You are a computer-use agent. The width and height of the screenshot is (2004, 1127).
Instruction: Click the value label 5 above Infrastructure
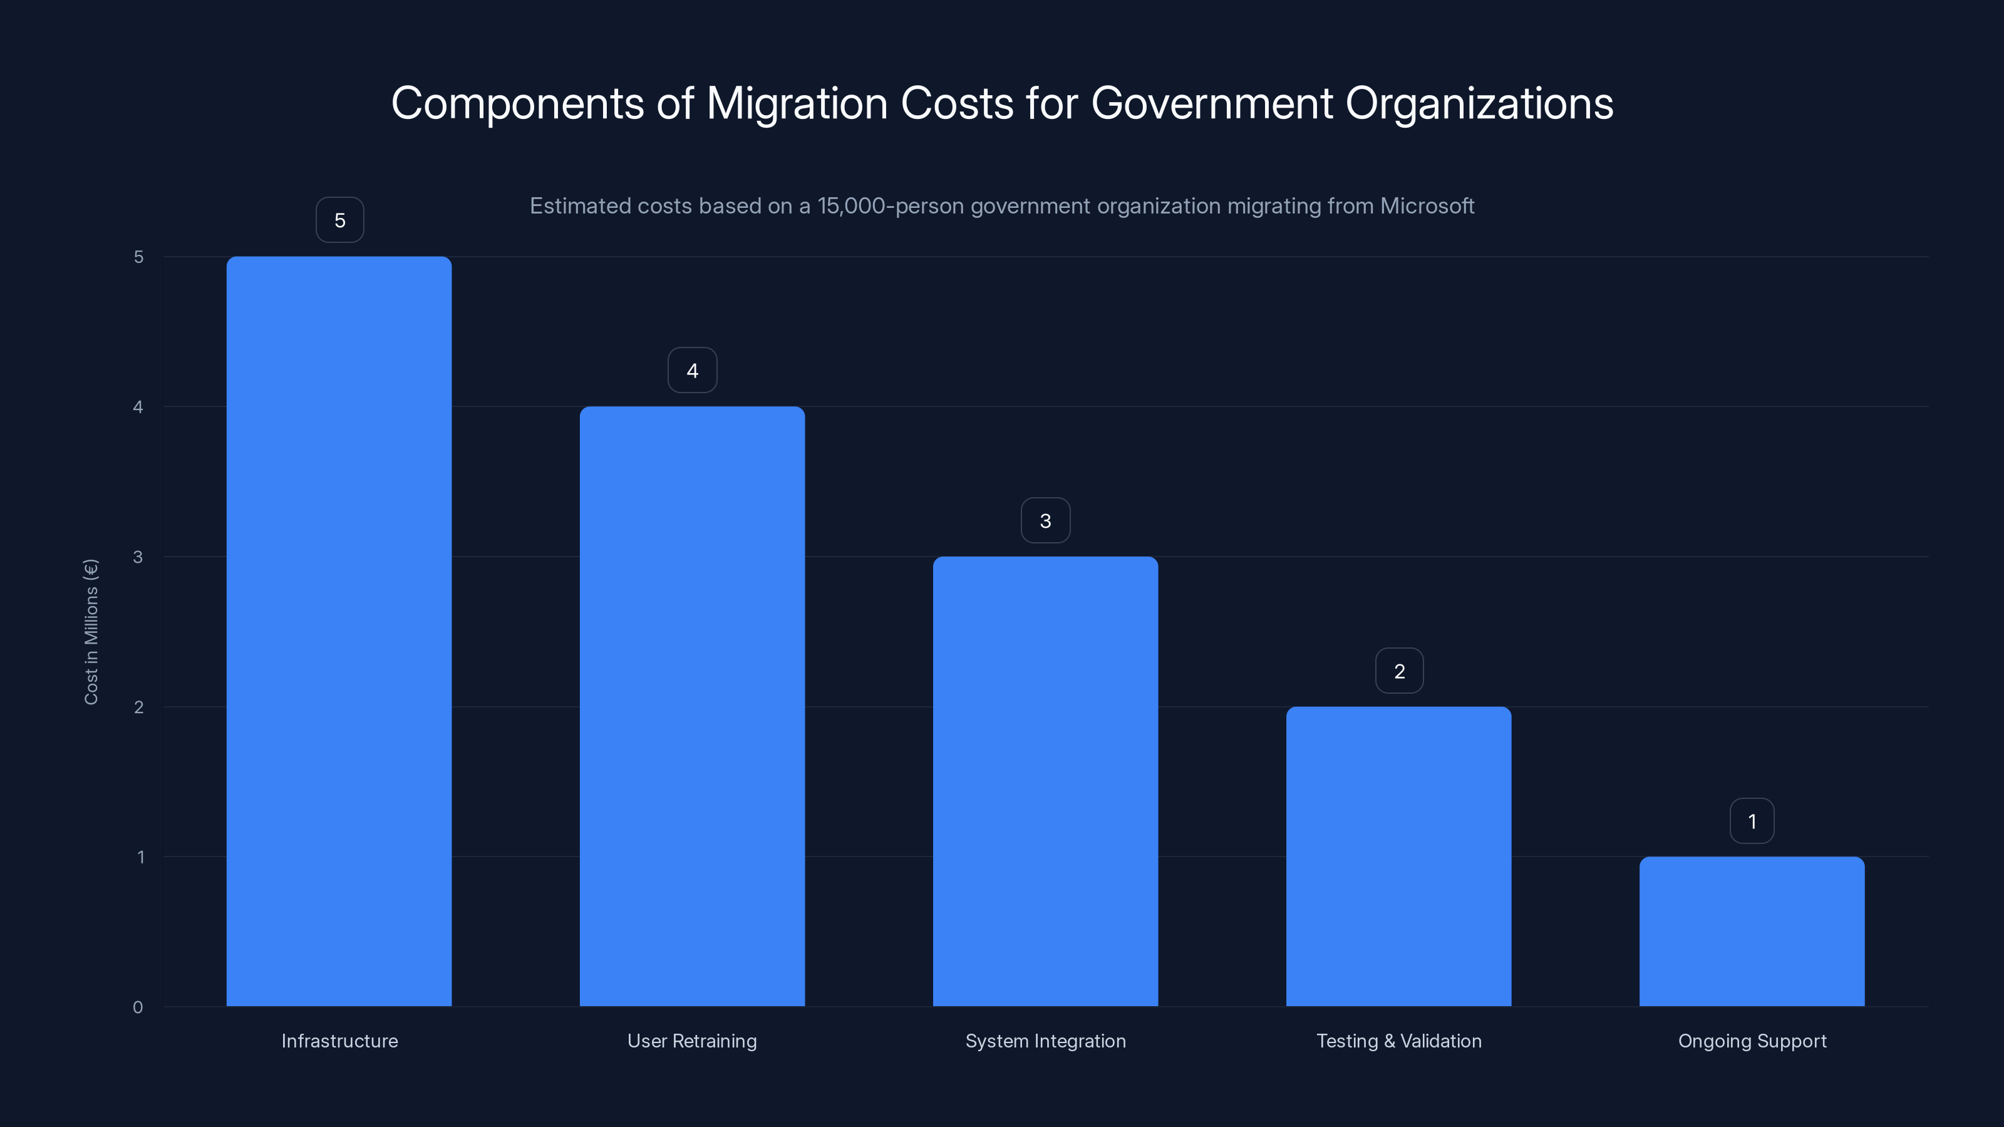click(339, 220)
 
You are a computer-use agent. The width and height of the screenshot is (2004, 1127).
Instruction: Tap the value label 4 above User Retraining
click(693, 370)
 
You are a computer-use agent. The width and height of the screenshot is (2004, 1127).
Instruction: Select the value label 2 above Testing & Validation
click(1399, 671)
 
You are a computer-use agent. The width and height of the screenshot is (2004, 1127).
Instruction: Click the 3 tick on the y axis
click(138, 557)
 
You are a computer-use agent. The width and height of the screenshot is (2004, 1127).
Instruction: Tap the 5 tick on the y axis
click(138, 257)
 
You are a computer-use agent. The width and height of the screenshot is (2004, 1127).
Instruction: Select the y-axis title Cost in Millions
click(91, 632)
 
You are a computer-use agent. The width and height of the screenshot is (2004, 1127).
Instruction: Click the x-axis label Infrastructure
click(339, 1041)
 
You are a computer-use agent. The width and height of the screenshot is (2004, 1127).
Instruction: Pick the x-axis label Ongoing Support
click(1752, 1041)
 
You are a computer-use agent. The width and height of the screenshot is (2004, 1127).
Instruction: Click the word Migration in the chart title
click(797, 103)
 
